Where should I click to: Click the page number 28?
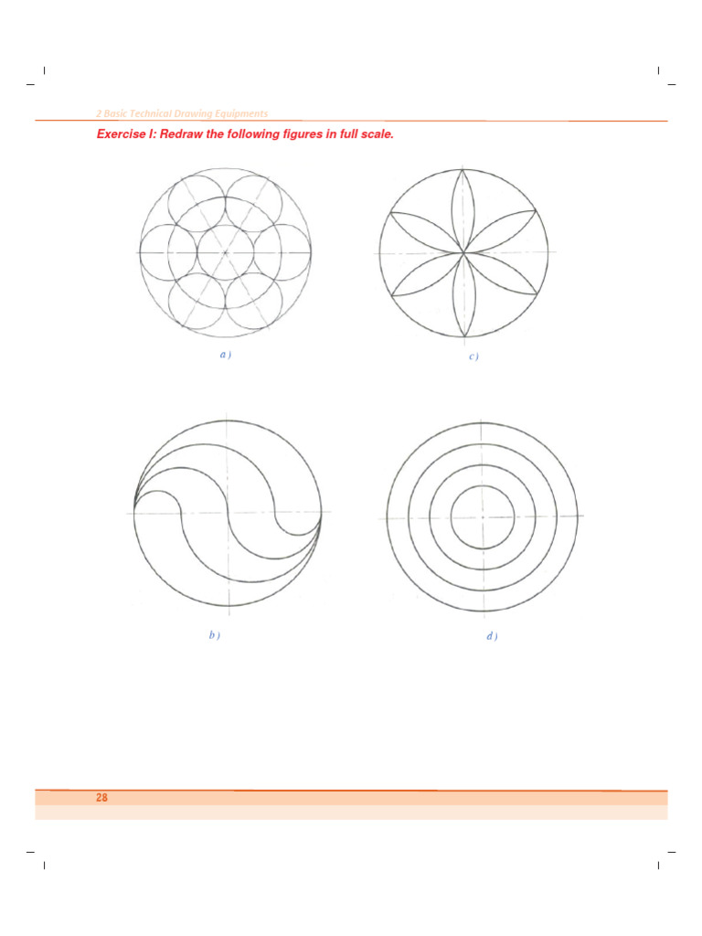tap(101, 798)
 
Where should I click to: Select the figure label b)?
tap(214, 635)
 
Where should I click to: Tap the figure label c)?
tap(473, 356)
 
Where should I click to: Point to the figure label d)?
tap(492, 636)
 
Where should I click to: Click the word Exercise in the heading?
tap(123, 135)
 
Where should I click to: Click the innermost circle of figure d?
tap(482, 516)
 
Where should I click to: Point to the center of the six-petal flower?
tap(464, 250)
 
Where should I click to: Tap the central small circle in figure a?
tap(226, 251)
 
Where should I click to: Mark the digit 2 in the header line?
tap(99, 113)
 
